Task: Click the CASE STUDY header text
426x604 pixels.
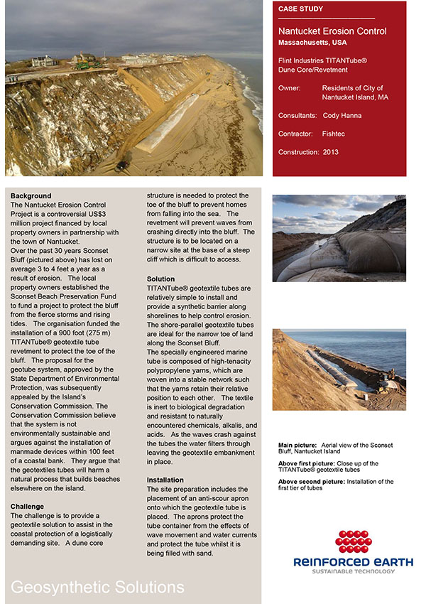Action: pos(300,9)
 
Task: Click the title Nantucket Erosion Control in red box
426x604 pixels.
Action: pos(332,31)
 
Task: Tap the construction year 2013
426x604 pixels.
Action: pos(330,152)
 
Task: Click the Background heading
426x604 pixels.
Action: pos(31,196)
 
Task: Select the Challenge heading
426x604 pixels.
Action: pos(28,507)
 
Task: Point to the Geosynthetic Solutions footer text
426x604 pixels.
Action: pos(97,587)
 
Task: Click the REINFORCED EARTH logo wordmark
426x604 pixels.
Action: pos(353,562)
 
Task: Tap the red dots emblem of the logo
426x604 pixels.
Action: pos(354,542)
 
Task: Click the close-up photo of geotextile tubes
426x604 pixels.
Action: pos(339,238)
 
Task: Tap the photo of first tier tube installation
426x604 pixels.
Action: pos(339,370)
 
